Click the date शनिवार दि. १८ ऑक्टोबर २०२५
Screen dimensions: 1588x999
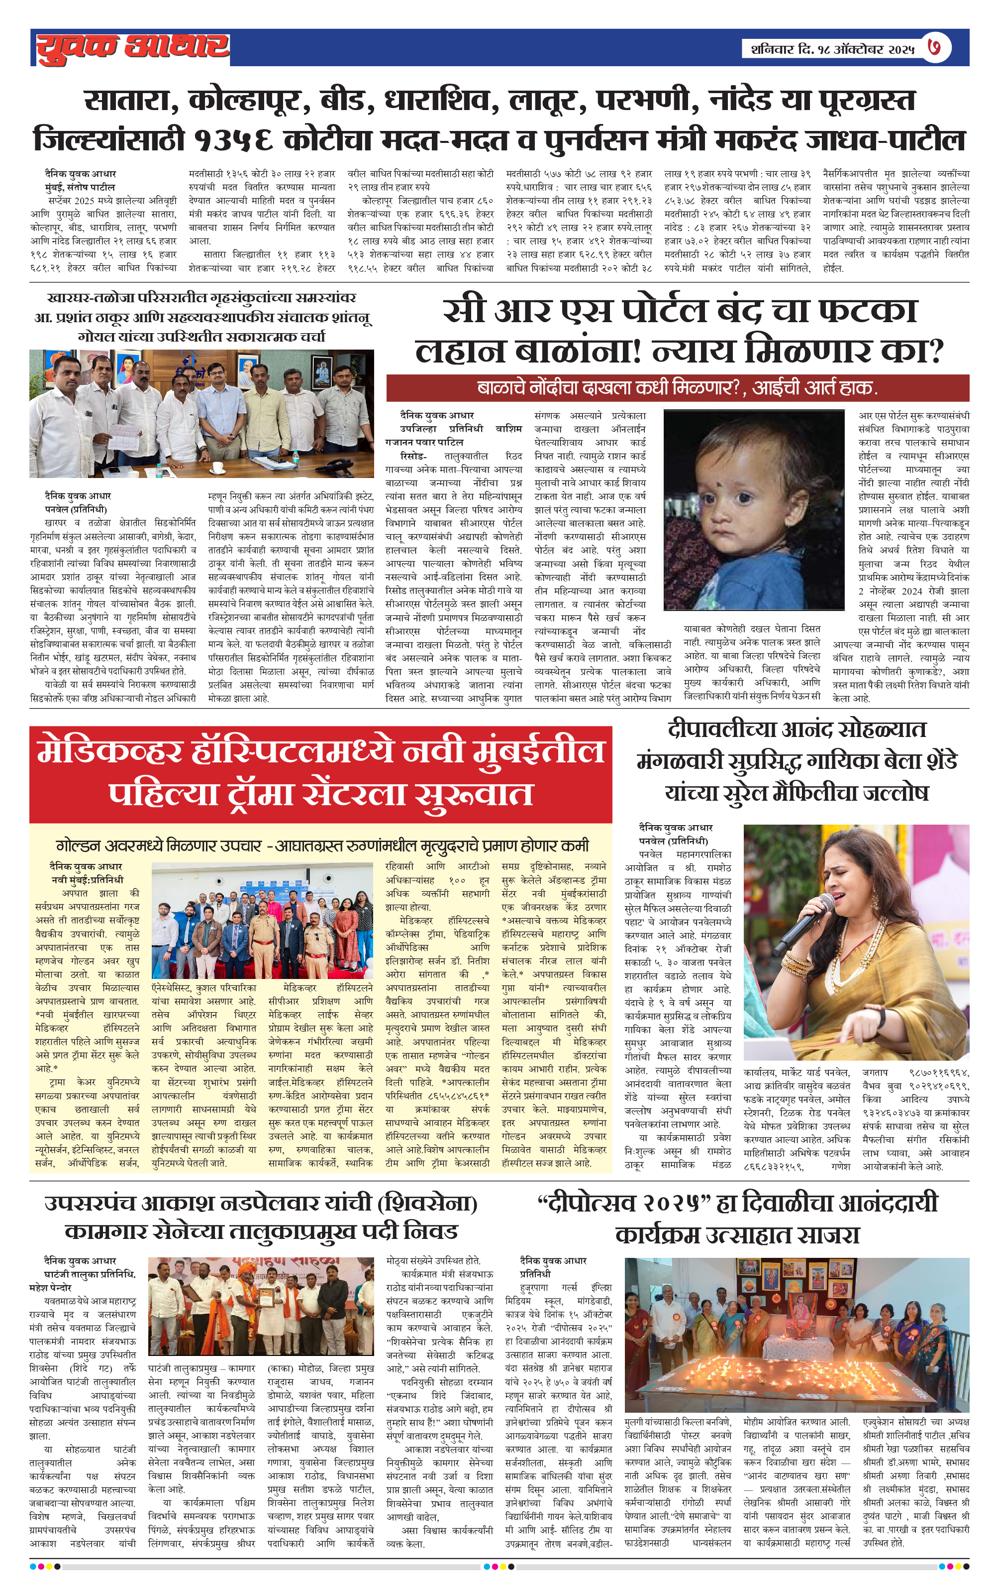pyautogui.click(x=832, y=49)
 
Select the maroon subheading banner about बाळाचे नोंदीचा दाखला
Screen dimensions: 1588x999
pyautogui.click(x=678, y=388)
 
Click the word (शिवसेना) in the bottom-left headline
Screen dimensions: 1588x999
pyautogui.click(x=427, y=1204)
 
